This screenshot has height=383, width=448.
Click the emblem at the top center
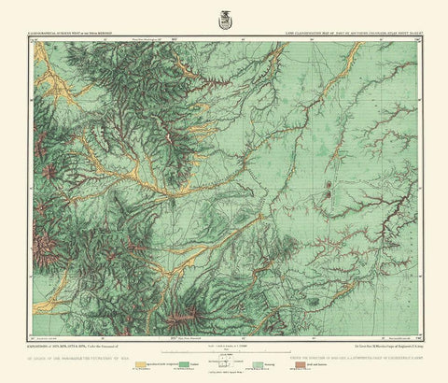[x=223, y=14]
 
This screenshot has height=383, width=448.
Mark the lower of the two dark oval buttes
[x=329, y=198]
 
